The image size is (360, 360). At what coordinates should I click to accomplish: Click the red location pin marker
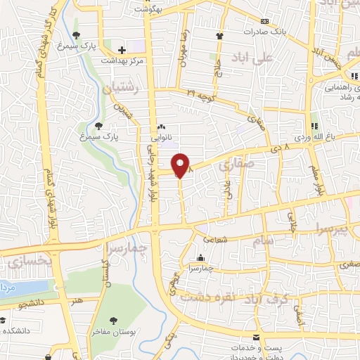click(x=181, y=166)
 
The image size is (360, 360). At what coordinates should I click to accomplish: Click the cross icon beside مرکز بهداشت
click(x=122, y=50)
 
